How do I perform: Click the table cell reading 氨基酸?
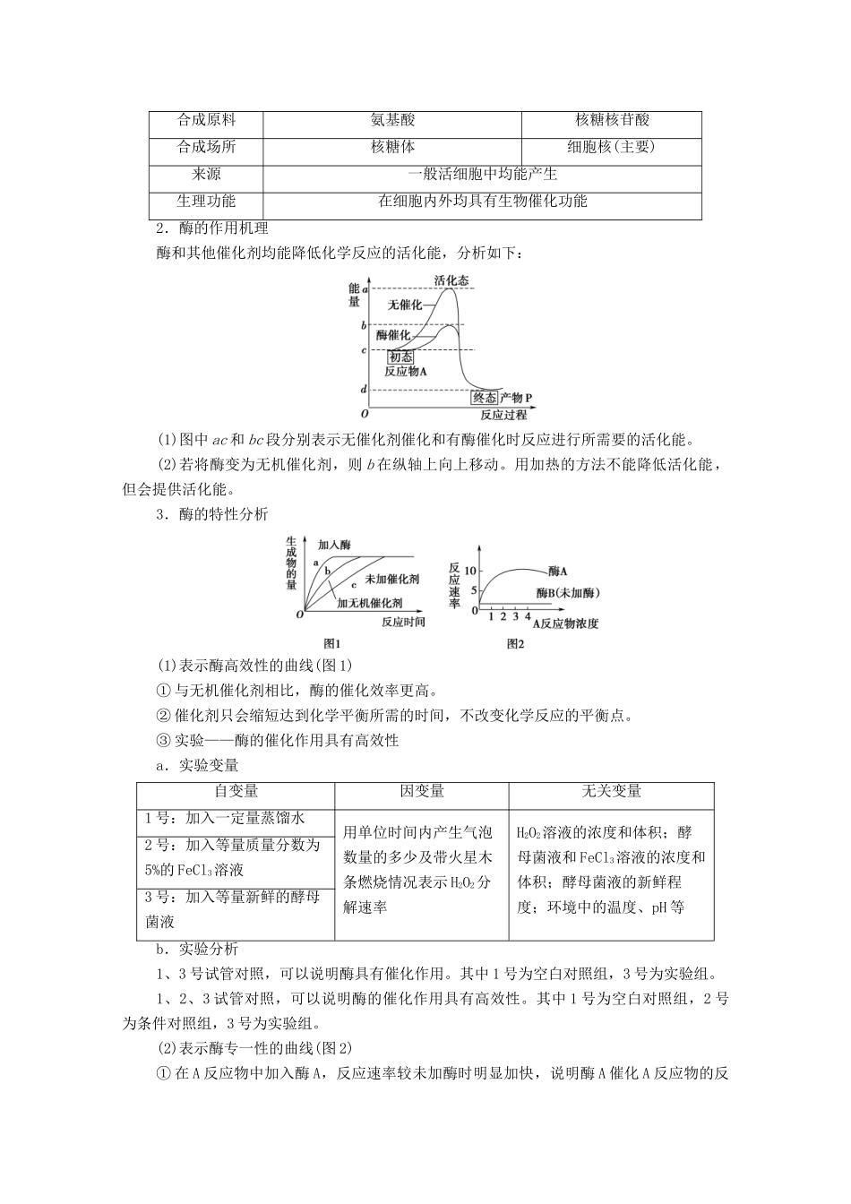click(392, 120)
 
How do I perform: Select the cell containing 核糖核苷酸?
click(612, 120)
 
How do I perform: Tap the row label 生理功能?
click(206, 201)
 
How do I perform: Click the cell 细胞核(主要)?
click(612, 147)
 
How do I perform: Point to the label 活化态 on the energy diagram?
click(451, 280)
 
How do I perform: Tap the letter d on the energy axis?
click(364, 390)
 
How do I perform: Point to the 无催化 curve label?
click(405, 305)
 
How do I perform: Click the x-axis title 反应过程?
click(503, 415)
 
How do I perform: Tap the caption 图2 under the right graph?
click(515, 643)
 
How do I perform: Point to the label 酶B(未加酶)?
click(568, 593)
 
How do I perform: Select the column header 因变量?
click(421, 790)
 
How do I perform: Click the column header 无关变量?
click(611, 790)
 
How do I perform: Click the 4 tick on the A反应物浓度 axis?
click(527, 617)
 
